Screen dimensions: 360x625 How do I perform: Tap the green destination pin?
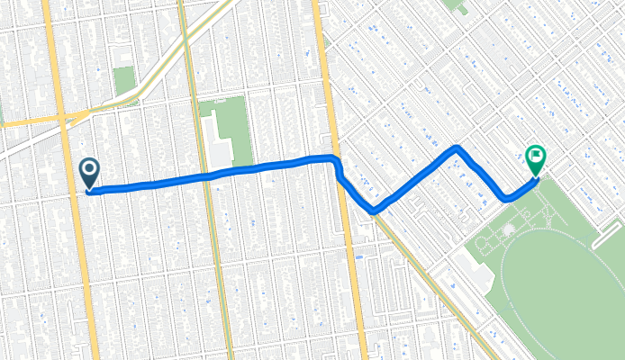coord(535,159)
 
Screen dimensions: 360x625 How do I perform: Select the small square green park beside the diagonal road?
coord(123,80)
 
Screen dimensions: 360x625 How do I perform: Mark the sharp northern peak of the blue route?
coord(457,147)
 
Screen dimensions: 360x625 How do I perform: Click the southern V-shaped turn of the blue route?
coord(374,211)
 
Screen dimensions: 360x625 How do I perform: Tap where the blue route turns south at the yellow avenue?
coord(335,162)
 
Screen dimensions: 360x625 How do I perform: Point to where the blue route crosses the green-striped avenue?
coord(204,175)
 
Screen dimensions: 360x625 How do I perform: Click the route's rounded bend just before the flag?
coord(508,197)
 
